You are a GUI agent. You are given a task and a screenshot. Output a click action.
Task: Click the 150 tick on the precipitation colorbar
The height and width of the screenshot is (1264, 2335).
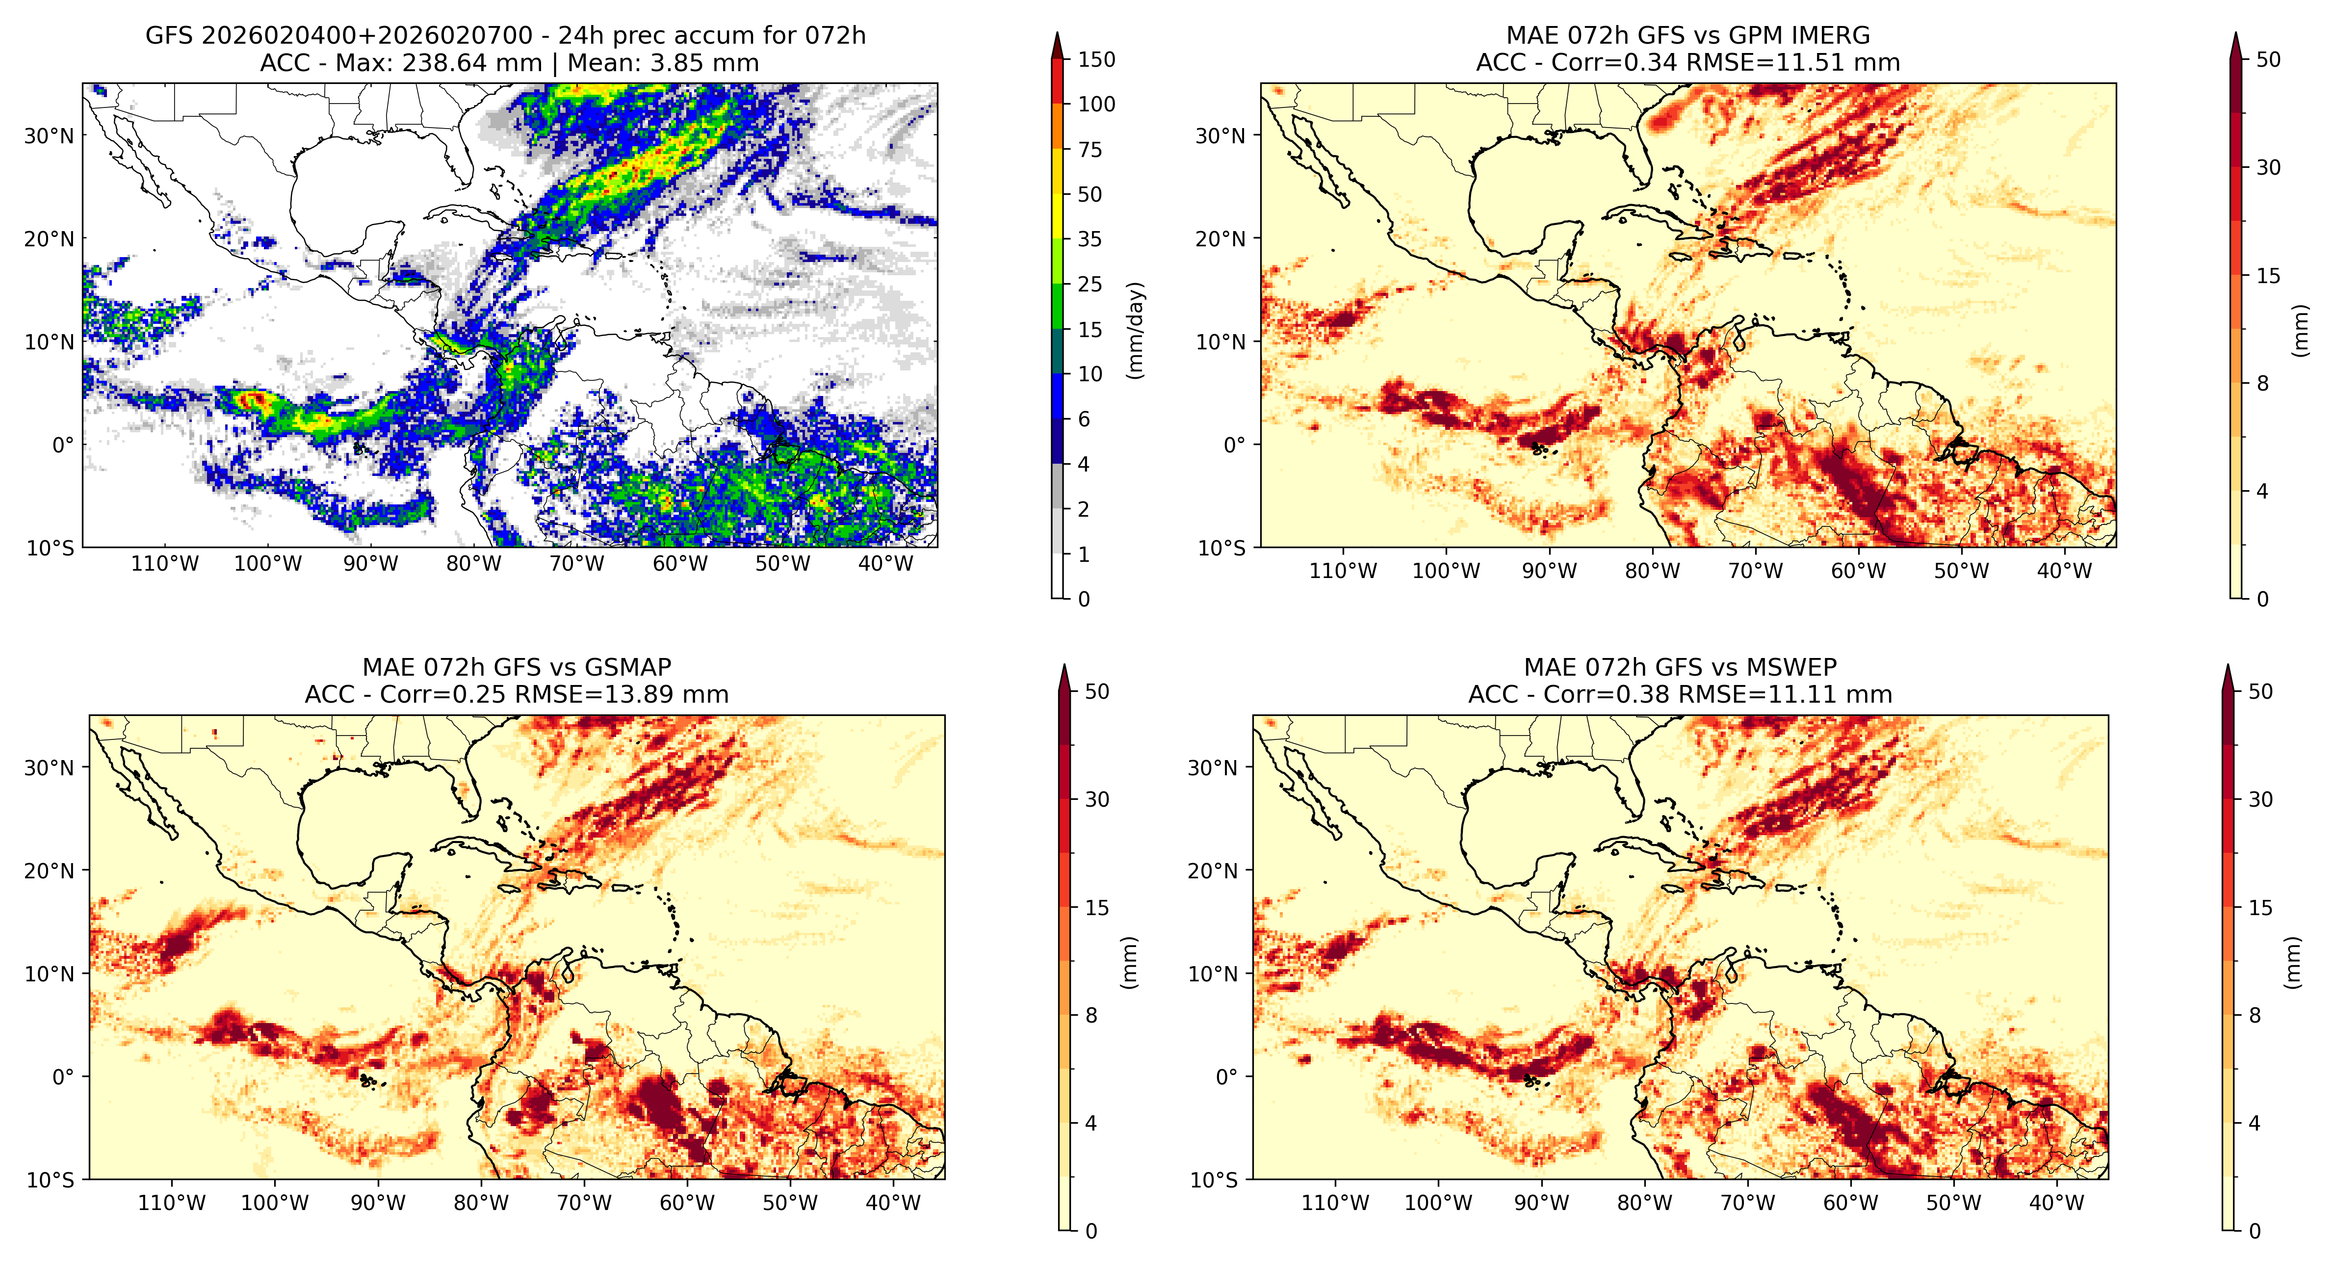click(x=1096, y=60)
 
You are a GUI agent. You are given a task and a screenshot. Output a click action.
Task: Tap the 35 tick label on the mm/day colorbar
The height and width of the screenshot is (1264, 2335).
click(x=1090, y=239)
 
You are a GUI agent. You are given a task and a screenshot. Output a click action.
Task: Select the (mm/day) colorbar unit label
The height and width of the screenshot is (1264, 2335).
click(x=1135, y=330)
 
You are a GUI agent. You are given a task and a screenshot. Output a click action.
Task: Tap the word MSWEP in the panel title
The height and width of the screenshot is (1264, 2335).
click(x=1792, y=667)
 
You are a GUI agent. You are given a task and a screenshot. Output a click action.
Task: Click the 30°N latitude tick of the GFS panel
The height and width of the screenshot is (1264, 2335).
click(x=49, y=136)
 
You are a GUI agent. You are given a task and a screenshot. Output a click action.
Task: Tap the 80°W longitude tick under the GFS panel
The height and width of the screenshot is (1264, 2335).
click(x=473, y=564)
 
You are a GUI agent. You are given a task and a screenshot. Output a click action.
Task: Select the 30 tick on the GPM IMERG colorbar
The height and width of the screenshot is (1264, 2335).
click(x=2268, y=168)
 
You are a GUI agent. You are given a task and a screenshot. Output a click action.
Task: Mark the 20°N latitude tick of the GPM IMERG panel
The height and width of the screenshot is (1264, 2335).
click(x=1220, y=239)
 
